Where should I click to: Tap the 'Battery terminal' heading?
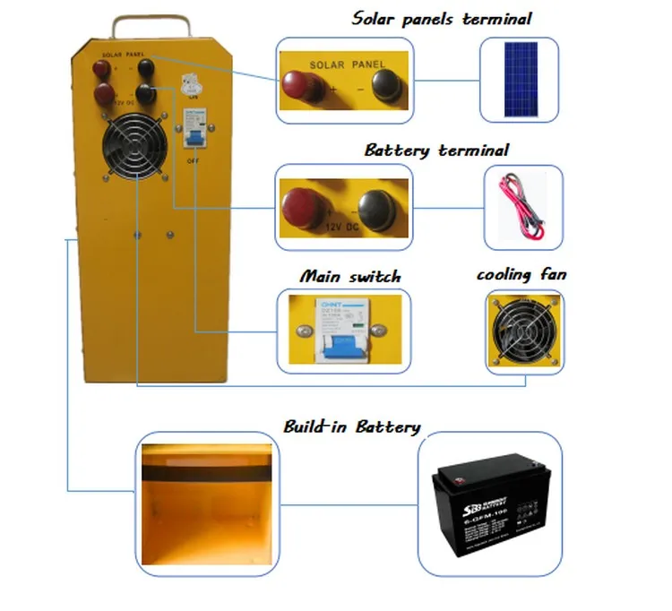pos(436,150)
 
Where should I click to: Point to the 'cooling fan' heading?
pos(521,274)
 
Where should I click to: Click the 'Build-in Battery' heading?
pos(351,426)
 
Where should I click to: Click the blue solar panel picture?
pos(521,80)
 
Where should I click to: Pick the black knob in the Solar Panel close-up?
pos(387,84)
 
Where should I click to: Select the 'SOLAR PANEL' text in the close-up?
pos(346,65)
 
